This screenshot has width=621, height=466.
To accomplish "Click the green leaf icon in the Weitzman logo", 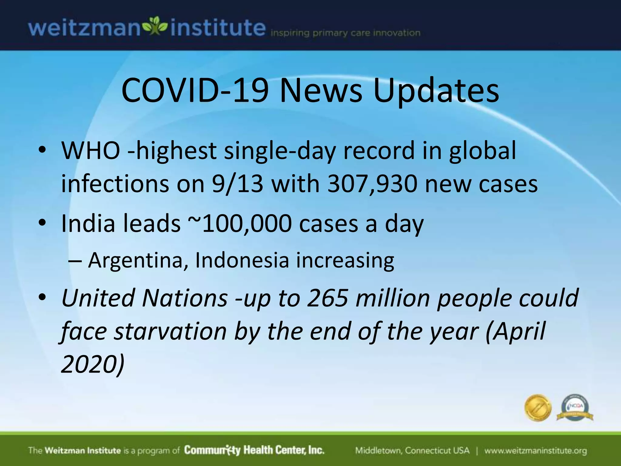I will coord(155,27).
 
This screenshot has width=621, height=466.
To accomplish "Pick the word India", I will coord(88,224).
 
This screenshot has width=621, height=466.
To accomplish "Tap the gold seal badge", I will coord(538,408).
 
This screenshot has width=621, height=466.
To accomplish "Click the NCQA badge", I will coord(575,408).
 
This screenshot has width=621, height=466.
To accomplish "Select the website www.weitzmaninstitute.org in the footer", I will coord(535,451).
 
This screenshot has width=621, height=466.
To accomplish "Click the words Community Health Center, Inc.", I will coord(254,450).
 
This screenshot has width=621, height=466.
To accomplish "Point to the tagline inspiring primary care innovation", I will coord(345,33).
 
